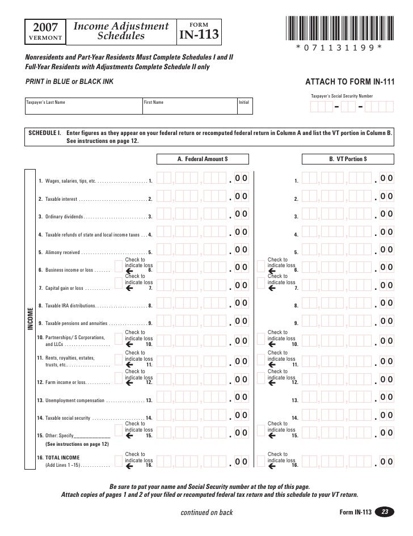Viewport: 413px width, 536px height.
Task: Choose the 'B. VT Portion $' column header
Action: pyautogui.click(x=348, y=159)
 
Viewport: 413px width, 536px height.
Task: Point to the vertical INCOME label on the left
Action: pyautogui.click(x=30, y=319)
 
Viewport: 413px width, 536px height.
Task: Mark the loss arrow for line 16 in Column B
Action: pyautogui.click(x=271, y=466)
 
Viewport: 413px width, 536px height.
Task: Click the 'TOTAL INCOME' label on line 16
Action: pyautogui.click(x=62, y=457)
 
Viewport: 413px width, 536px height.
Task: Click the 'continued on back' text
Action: pyautogui.click(x=206, y=513)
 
